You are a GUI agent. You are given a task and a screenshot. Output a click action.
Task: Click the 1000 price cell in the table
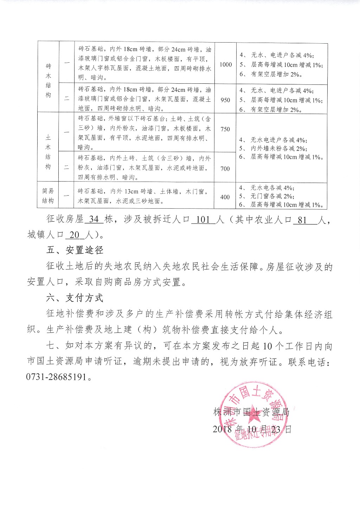[226, 64]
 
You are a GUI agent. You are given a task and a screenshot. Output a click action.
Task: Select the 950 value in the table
[225, 100]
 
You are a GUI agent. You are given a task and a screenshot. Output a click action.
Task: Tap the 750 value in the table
[225, 129]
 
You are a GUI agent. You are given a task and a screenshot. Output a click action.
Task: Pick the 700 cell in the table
[225, 169]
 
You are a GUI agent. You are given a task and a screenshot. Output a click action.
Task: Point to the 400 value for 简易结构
[225, 197]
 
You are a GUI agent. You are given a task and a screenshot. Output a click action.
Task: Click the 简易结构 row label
[48, 196]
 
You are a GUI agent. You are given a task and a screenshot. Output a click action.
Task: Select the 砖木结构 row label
[48, 81]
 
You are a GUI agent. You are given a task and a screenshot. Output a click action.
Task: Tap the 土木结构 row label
[48, 152]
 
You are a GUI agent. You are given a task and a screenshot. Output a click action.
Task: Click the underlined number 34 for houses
[94, 220]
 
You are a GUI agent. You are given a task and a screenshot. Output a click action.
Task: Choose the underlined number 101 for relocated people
[203, 220]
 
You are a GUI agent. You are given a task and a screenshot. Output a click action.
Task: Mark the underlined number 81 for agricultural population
[302, 220]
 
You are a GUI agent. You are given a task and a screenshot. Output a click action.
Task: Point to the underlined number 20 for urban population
[75, 235]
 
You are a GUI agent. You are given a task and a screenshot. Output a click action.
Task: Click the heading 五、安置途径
[75, 250]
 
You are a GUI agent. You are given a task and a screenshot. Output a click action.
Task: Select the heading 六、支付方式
[75, 298]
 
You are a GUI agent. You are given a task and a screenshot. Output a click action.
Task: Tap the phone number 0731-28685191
[56, 377]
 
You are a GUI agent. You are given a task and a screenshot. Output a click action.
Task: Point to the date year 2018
[222, 429]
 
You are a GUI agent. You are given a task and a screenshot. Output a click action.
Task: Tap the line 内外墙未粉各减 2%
[279, 148]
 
